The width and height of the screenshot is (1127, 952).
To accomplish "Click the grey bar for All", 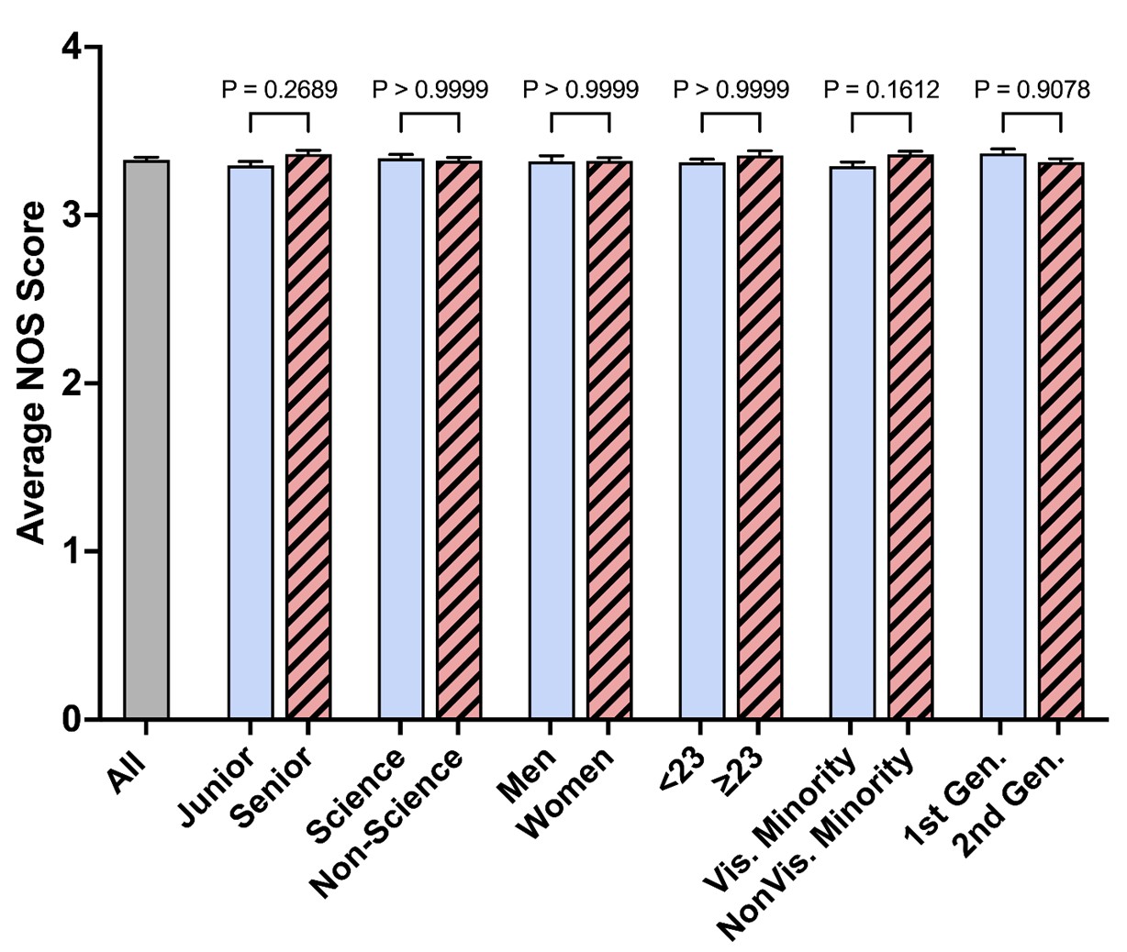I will click(x=147, y=440).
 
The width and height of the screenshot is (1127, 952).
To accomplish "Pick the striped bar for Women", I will click(x=609, y=440).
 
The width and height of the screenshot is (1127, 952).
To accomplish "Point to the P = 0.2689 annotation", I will click(x=279, y=90).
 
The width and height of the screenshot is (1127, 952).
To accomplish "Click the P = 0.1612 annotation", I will click(x=881, y=90).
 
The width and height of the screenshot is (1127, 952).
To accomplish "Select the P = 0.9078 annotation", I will click(x=1032, y=90).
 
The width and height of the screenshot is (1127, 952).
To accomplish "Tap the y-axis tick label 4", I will click(x=70, y=48).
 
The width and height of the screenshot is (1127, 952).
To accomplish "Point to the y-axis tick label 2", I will click(x=70, y=383).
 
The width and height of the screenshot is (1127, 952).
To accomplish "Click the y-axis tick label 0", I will click(x=70, y=720).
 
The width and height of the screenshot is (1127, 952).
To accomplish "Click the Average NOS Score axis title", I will click(x=33, y=372).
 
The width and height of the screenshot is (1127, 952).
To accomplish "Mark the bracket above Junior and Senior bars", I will click(x=279, y=115).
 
